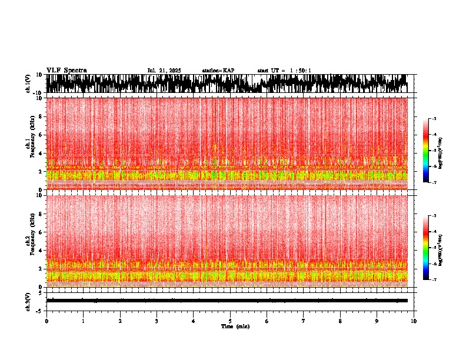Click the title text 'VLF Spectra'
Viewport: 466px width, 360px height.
[66, 71]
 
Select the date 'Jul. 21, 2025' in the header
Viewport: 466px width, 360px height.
[164, 71]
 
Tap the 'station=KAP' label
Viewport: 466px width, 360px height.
[218, 71]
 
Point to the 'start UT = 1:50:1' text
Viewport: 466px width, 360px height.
[284, 71]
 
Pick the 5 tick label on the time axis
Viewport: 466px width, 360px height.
[230, 321]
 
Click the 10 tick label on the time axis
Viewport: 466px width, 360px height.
[414, 321]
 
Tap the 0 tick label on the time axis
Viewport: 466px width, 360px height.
[46, 321]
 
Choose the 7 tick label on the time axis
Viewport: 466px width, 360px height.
[304, 321]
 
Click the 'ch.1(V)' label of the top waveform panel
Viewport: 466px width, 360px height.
[28, 84]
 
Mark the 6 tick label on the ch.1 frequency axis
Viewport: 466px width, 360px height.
[41, 135]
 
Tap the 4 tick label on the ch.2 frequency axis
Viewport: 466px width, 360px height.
[41, 251]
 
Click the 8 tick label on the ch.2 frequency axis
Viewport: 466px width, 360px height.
[41, 214]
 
